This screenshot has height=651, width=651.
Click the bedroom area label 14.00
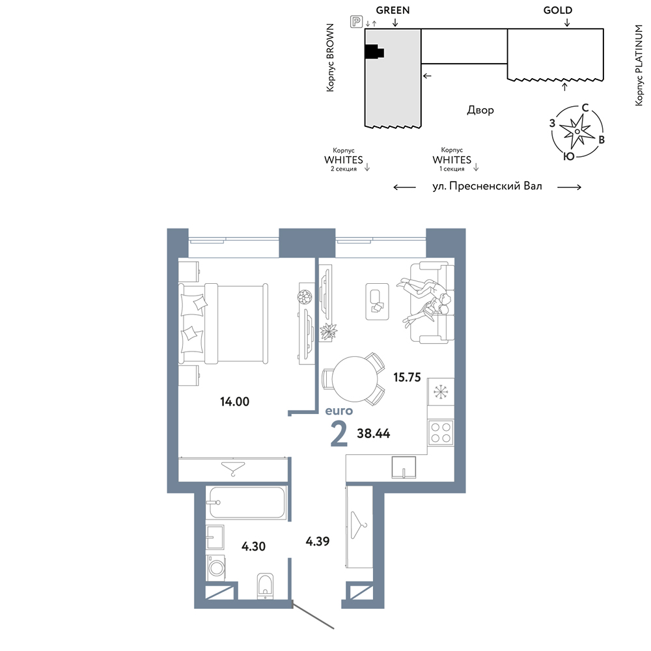tap(234, 402)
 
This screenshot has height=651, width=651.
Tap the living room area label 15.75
tap(407, 378)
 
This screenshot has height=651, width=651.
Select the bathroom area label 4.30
tap(253, 546)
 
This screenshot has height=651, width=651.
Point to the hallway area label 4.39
tap(318, 542)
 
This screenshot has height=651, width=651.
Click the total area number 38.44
tap(373, 434)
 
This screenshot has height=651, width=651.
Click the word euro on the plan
tap(339, 411)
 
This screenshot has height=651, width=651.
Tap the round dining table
tap(355, 379)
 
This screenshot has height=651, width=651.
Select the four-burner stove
tap(441, 432)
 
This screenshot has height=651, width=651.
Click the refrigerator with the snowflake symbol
tap(441, 391)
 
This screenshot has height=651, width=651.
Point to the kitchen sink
tap(404, 467)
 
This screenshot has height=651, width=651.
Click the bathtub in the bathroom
tap(247, 503)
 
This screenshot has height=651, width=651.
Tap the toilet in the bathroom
tap(266, 586)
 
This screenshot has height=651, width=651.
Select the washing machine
tap(216, 568)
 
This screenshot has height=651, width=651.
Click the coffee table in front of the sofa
tap(377, 302)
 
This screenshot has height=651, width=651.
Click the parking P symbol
tap(356, 21)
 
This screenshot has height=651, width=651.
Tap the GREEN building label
tap(393, 10)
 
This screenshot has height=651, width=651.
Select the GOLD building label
tap(558, 10)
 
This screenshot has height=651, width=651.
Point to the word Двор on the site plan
tap(480, 110)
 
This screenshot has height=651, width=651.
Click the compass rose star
tap(577, 132)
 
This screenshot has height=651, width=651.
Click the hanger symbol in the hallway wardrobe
tap(358, 525)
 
